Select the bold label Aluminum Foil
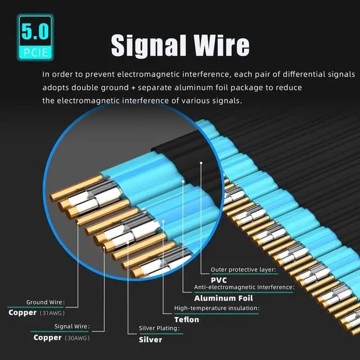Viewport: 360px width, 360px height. tap(223, 298)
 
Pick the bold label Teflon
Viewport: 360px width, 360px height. tap(187, 319)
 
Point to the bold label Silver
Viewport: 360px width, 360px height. tap(150, 339)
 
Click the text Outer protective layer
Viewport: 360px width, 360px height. tap(243, 270)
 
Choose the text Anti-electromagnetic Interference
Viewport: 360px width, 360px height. tap(244, 287)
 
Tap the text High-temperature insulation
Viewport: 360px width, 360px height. tap(217, 308)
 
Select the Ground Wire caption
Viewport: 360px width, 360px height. tap(45, 302)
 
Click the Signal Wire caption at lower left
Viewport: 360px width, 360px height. tap(71, 326)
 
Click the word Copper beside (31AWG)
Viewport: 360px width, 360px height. tap(22, 313)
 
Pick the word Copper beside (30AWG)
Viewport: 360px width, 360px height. tap(47, 338)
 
